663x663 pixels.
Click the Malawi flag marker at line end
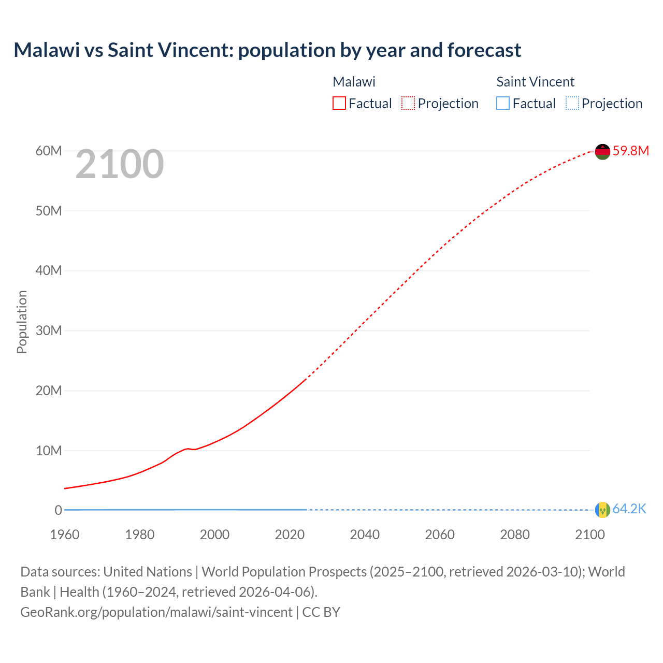click(602, 152)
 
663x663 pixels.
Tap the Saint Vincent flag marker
click(602, 510)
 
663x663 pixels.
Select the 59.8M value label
click(630, 151)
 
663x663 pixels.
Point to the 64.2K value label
click(629, 509)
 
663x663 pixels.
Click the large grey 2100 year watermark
click(120, 165)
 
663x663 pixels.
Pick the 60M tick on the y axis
click(49, 151)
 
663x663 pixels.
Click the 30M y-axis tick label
click(49, 330)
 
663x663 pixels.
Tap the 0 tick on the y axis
click(59, 510)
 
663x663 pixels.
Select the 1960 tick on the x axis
click(65, 535)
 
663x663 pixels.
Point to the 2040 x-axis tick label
click(365, 535)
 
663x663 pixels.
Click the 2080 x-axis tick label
click(515, 535)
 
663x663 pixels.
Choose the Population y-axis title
click(22, 322)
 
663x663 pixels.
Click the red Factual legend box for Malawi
click(339, 104)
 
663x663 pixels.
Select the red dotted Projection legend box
click(408, 104)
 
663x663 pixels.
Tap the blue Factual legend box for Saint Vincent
click(503, 104)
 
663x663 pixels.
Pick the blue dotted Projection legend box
click(572, 104)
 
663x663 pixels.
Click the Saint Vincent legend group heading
click(535, 82)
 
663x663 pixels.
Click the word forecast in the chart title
click(484, 50)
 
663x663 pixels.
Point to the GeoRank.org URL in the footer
click(156, 612)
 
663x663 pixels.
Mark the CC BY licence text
click(321, 612)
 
